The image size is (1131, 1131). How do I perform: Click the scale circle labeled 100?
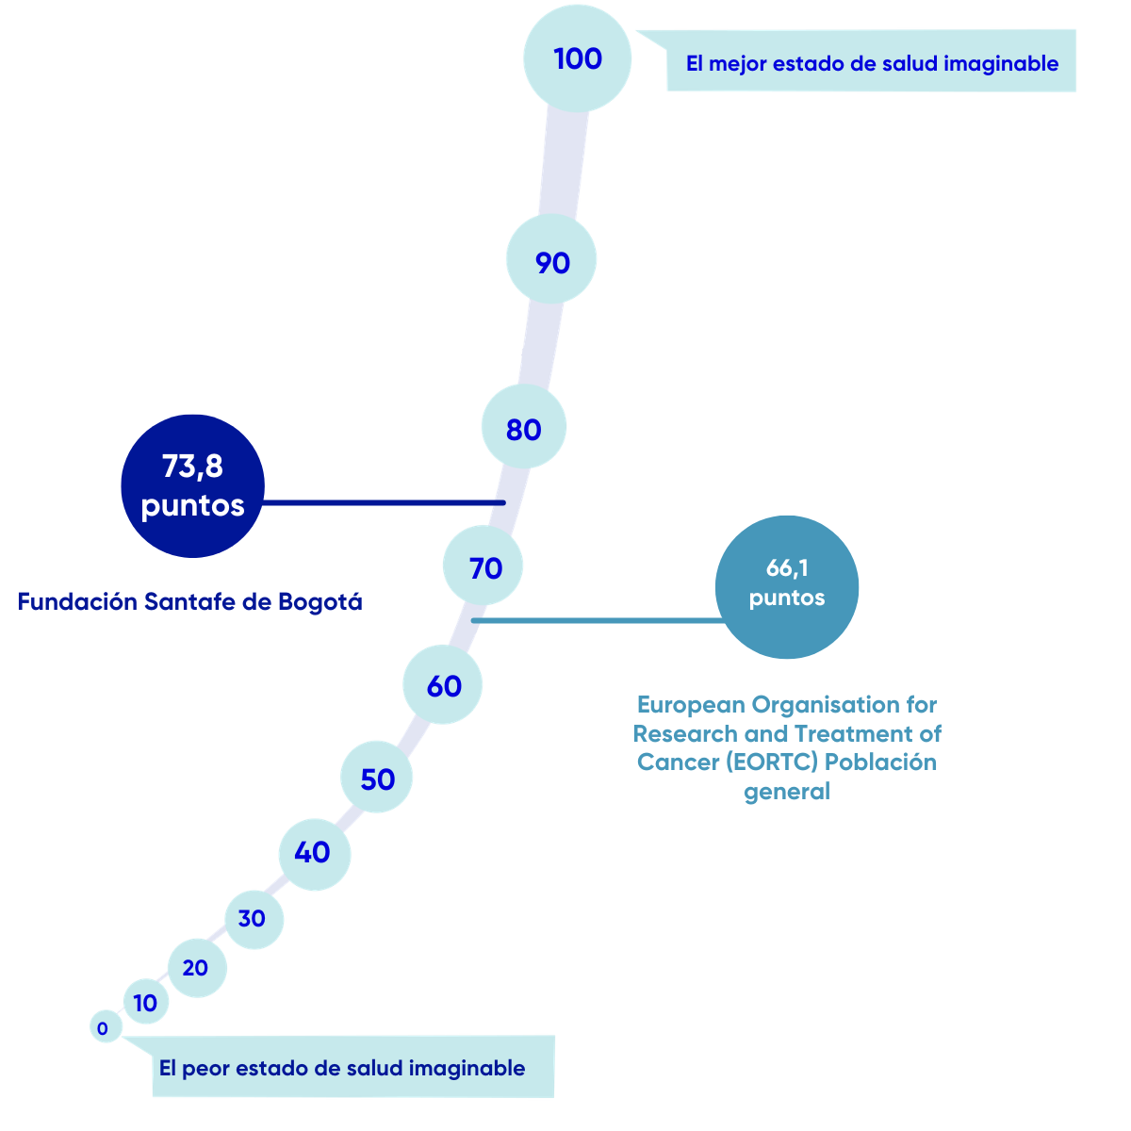click(x=577, y=58)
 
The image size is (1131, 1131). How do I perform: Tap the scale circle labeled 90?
click(x=551, y=259)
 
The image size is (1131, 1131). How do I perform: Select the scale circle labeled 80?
click(x=523, y=427)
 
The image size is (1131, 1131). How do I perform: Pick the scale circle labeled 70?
click(x=483, y=565)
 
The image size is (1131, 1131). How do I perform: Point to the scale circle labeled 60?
click(x=443, y=684)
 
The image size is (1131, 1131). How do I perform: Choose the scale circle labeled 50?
click(x=376, y=777)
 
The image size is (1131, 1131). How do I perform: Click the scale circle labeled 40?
click(x=315, y=855)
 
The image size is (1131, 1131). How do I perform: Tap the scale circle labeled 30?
click(x=254, y=920)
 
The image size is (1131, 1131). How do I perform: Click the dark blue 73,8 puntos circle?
click(x=192, y=486)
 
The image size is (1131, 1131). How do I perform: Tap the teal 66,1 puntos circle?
click(x=786, y=587)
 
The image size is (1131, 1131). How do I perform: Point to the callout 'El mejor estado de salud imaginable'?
click(x=856, y=60)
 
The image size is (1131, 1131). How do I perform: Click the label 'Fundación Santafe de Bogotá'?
click(x=189, y=601)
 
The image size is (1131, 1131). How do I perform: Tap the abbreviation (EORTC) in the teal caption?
click(x=771, y=762)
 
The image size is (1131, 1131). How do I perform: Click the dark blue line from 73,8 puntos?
click(x=384, y=502)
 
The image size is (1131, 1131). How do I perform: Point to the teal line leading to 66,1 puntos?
click(x=598, y=620)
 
